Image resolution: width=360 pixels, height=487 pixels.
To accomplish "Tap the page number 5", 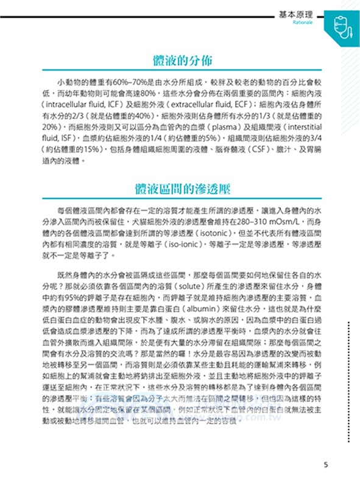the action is click(326, 465).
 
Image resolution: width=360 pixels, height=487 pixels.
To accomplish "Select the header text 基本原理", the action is click(294, 12).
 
